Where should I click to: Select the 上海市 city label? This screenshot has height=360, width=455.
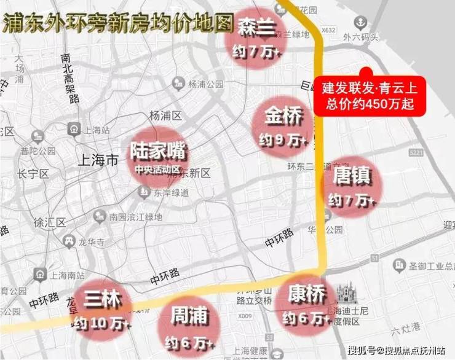99,160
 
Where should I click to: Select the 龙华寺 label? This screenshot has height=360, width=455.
92,241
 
